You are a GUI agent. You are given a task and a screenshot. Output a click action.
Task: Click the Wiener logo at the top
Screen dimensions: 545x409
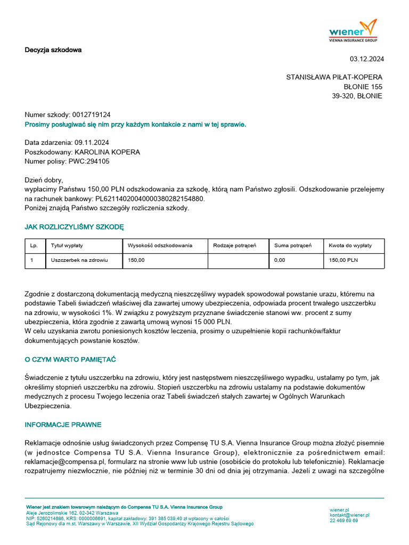tap(353, 30)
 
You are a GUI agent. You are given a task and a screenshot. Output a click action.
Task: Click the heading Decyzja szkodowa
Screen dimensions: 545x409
tap(53, 50)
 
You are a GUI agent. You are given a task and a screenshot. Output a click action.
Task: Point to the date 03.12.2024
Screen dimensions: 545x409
tap(366, 59)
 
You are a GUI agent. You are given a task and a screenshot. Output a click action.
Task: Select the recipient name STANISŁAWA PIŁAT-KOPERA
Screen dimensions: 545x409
tap(334, 77)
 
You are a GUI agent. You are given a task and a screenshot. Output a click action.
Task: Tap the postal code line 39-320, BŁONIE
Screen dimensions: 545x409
tap(357, 96)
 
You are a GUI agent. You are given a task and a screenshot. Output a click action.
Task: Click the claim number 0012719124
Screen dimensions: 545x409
tap(91, 115)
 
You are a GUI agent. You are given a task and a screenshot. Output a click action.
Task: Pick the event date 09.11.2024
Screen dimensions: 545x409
tap(92, 143)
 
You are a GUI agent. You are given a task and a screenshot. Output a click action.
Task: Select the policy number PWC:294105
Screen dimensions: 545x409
tap(89, 162)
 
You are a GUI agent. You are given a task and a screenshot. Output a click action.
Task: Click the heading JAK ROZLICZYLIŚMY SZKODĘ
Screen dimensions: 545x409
tap(74, 227)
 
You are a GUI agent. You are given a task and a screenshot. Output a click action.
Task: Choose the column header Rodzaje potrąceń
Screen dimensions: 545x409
tap(234, 245)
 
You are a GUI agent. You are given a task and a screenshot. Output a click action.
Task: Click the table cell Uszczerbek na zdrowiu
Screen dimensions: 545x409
tap(79, 260)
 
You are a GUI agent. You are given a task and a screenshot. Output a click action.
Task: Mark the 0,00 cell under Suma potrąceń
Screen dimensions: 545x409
tap(280, 260)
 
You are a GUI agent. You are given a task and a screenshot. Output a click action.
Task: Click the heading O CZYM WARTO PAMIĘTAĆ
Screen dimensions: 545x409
tap(70, 359)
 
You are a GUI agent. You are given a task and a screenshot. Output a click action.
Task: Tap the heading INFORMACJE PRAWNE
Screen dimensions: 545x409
tap(63, 425)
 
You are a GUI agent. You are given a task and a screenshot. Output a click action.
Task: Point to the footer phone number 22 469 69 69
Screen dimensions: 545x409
tap(343, 521)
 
